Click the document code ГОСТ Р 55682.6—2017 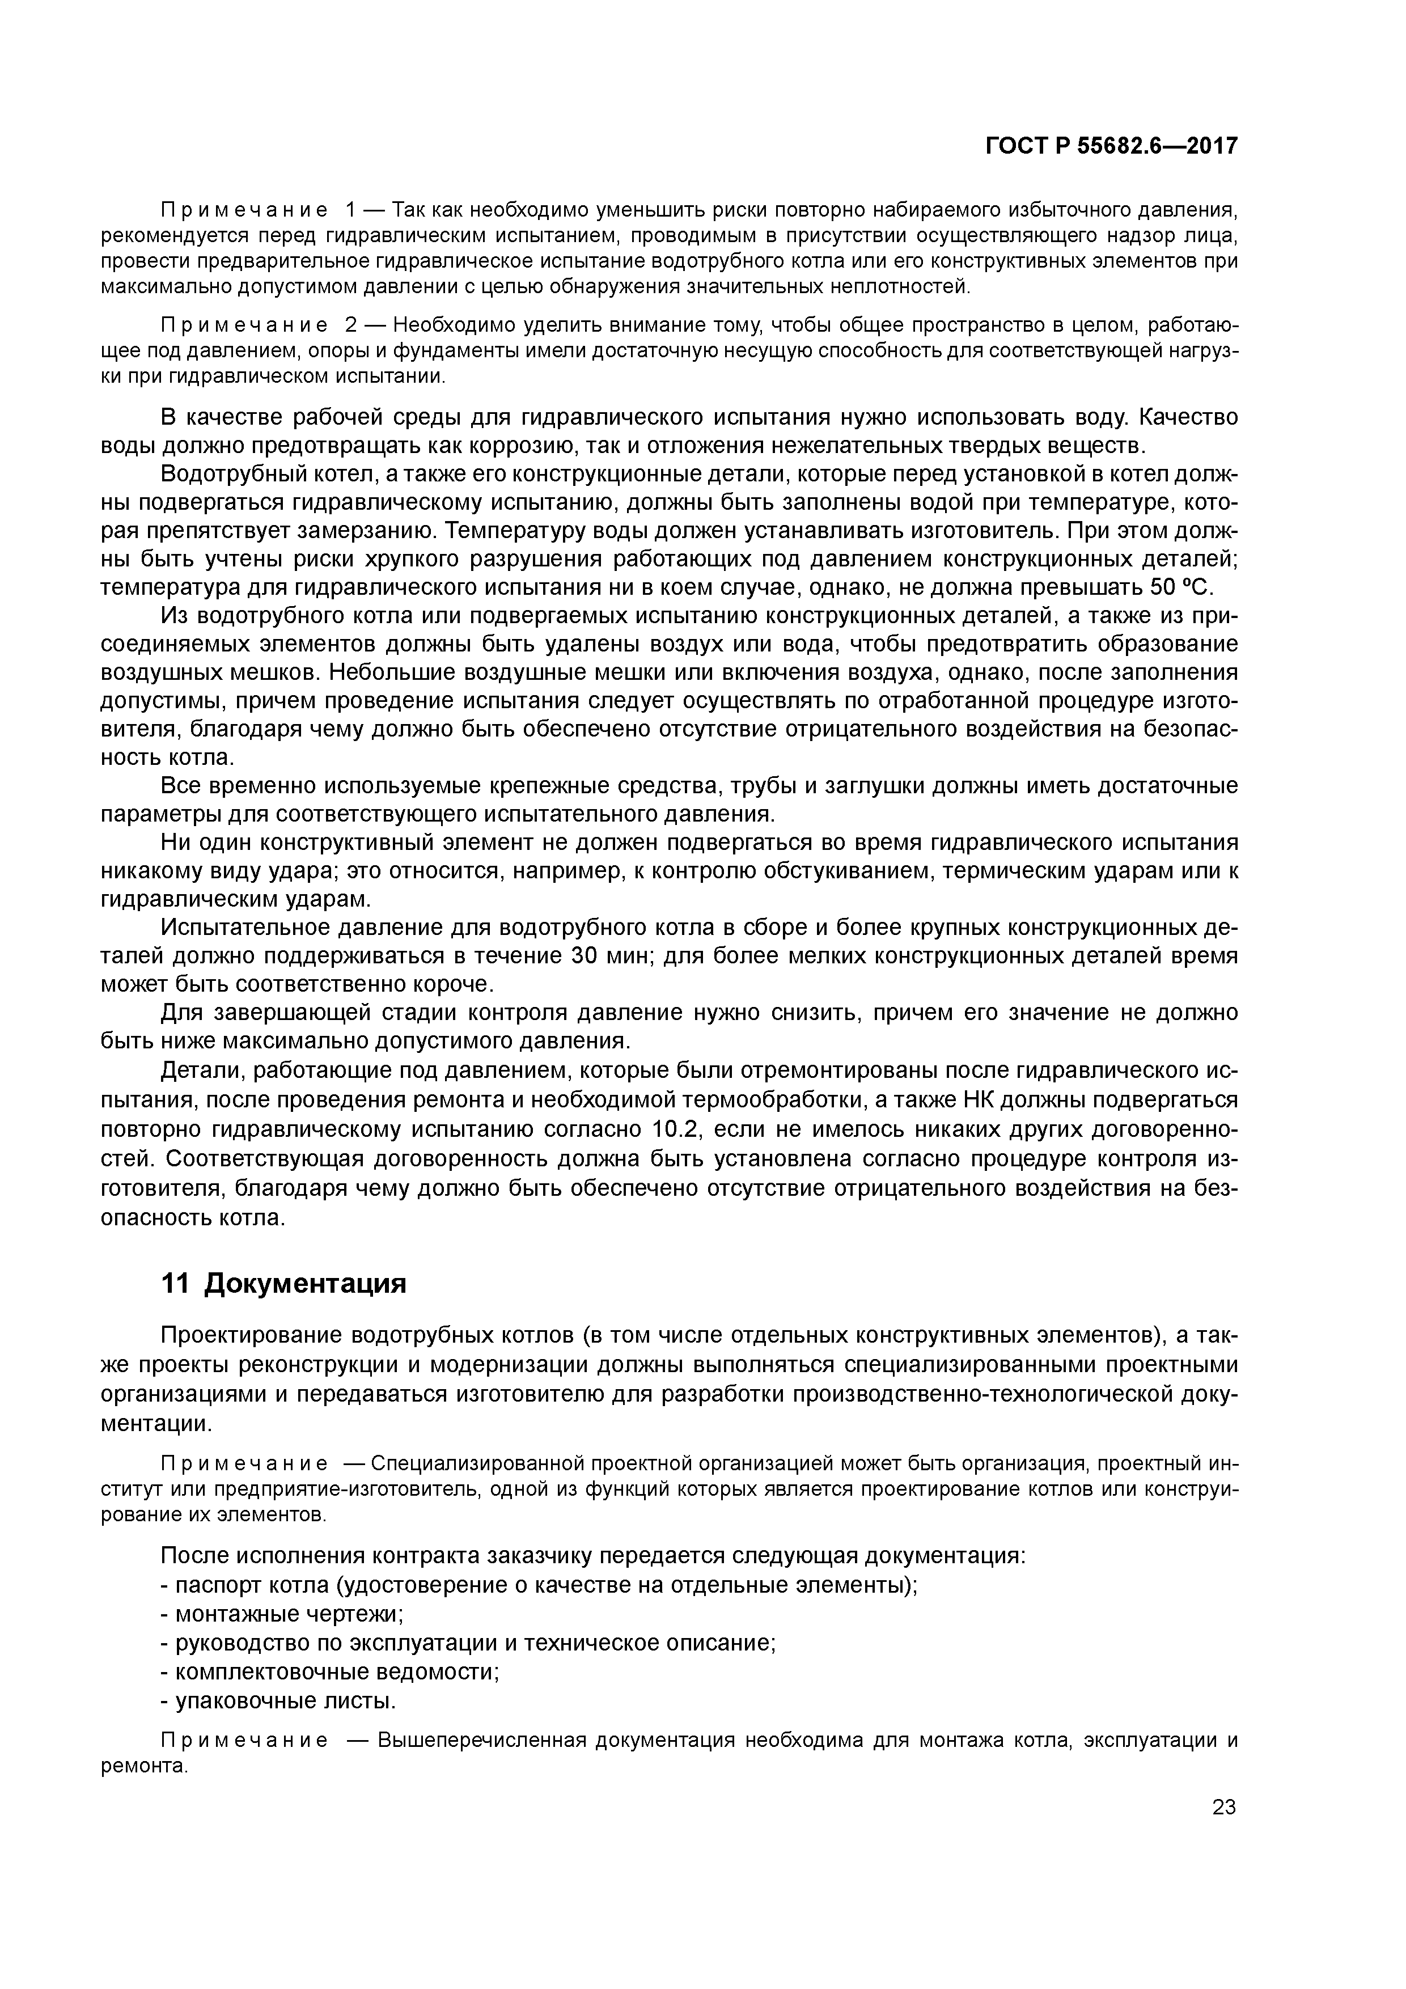(x=1111, y=146)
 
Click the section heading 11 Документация (x=283, y=1283)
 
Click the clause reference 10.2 (x=671, y=1129)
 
